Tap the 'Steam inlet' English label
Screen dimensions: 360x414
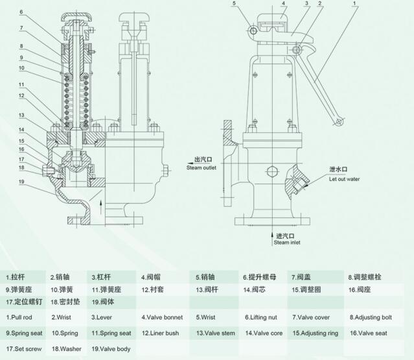click(286, 243)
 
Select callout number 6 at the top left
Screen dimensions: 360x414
click(21, 12)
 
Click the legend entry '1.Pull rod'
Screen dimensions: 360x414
click(23, 317)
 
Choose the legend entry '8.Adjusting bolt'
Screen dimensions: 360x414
click(371, 318)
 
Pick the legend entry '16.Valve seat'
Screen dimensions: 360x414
click(369, 333)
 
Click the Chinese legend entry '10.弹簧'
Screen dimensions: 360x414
click(64, 289)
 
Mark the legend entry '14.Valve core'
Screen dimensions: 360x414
click(264, 333)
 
